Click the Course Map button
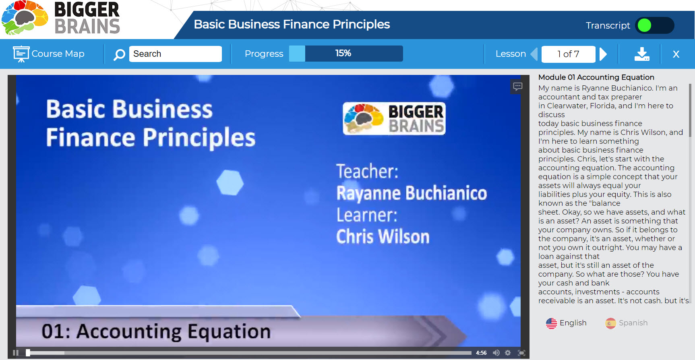[49, 54]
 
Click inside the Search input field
[175, 54]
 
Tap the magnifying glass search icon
[119, 54]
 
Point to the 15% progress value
[343, 53]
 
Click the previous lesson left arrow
[534, 54]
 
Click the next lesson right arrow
[603, 54]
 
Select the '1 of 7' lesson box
[568, 54]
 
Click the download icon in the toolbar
[641, 54]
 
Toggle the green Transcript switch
[654, 25]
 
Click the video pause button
[16, 353]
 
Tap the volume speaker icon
[496, 353]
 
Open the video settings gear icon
[508, 353]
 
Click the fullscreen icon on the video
[521, 353]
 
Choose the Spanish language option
[627, 323]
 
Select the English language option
[567, 323]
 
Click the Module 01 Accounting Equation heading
[596, 77]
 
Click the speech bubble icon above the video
[518, 86]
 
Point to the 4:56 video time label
[481, 353]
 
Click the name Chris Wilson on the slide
[383, 236]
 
